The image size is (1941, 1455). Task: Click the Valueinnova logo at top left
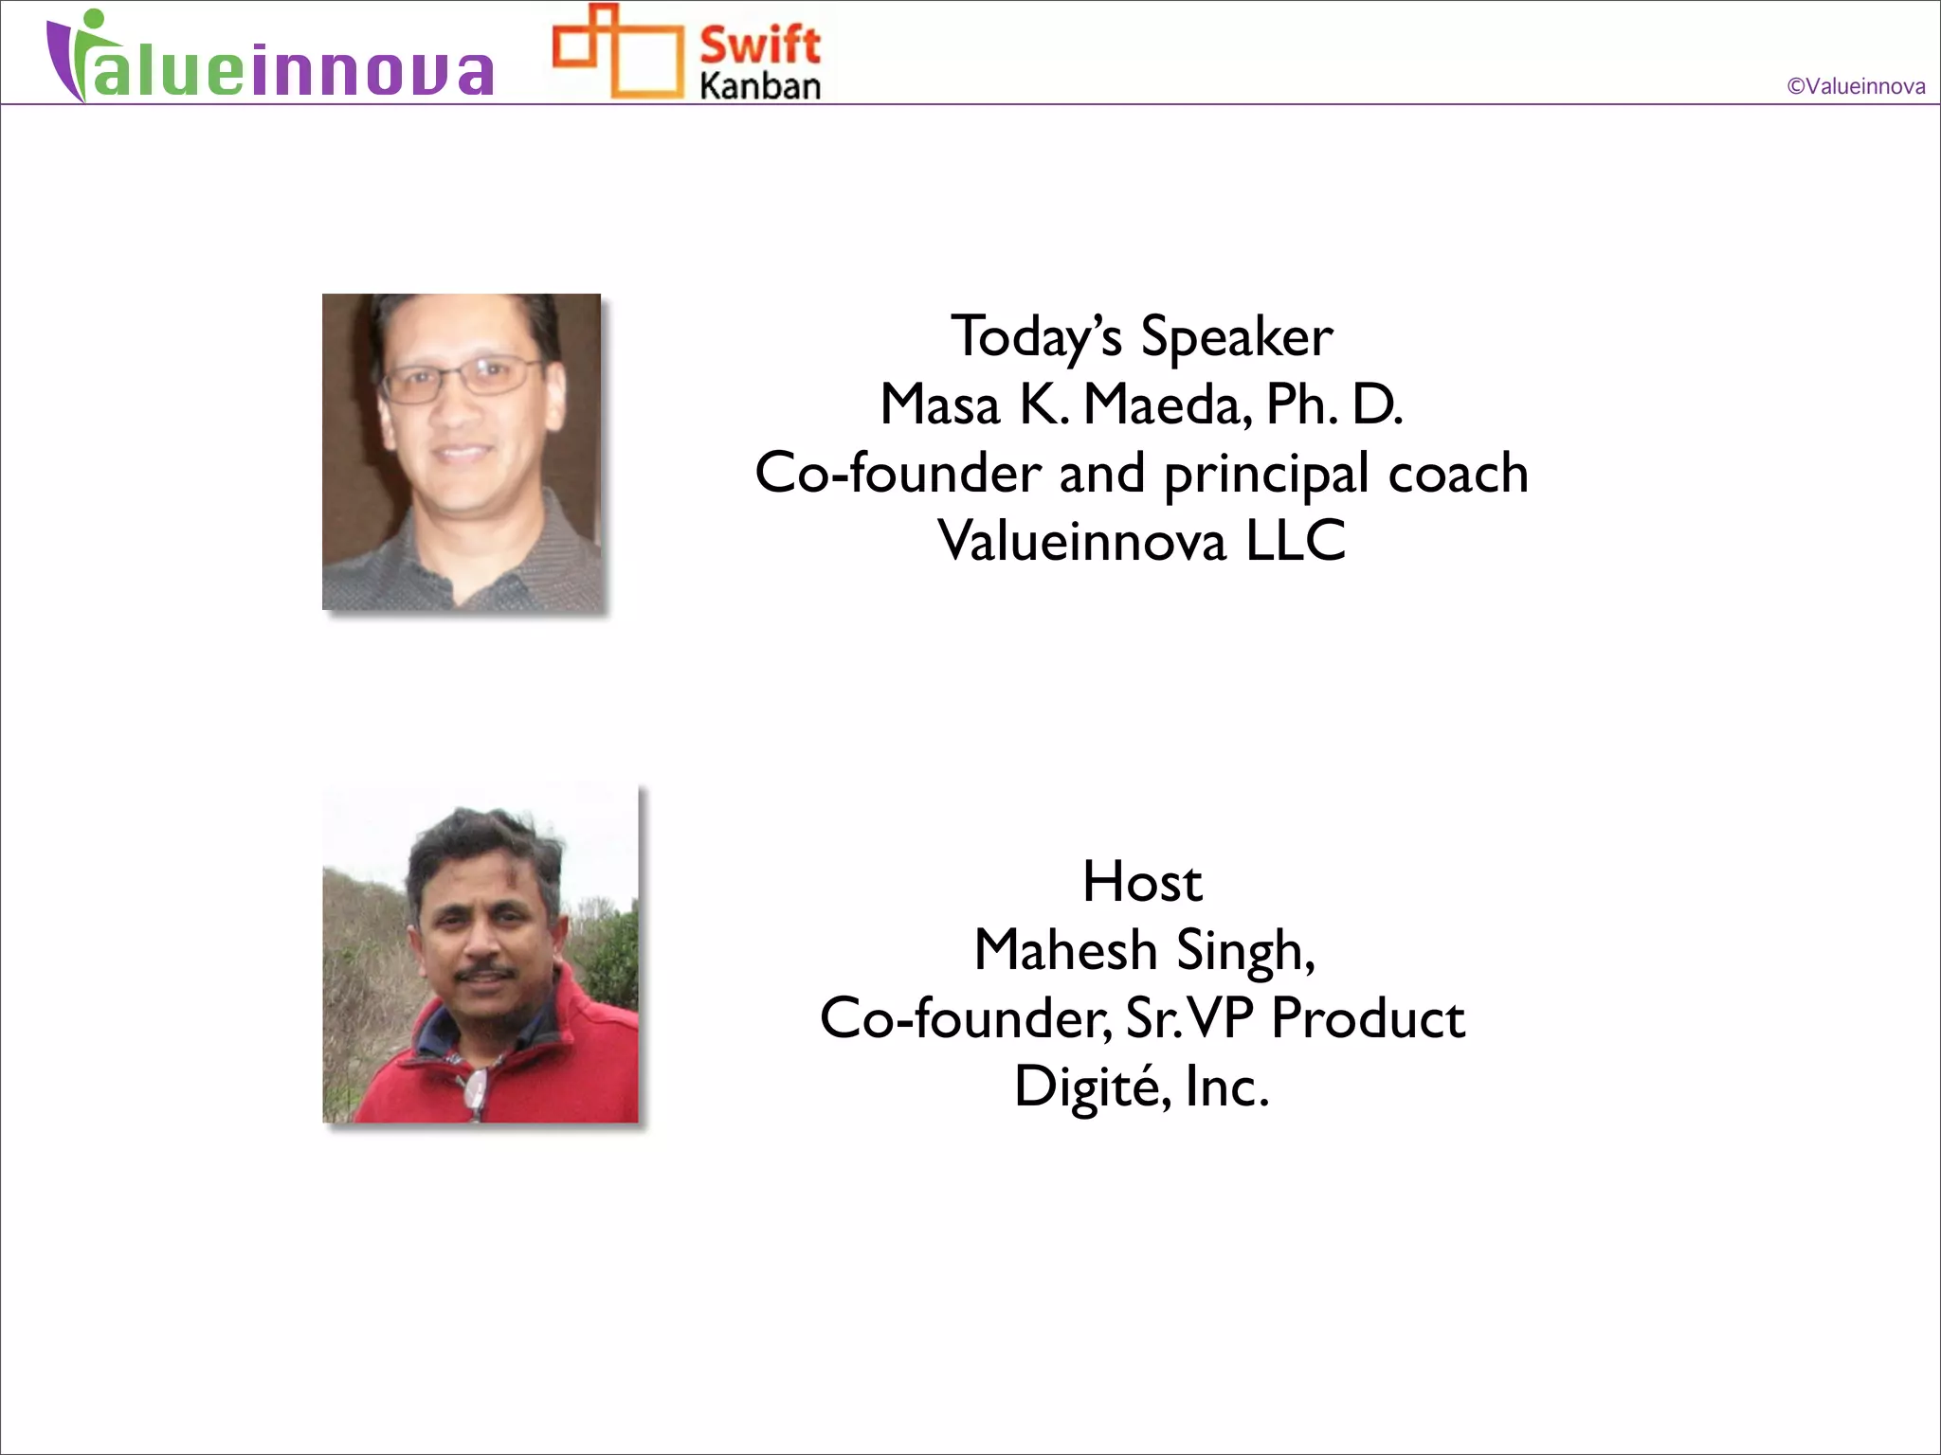point(270,59)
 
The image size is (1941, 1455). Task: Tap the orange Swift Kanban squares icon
point(617,51)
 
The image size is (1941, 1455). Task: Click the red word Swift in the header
point(759,44)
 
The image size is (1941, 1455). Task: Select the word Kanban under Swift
point(759,86)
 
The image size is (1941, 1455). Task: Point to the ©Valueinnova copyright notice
point(1855,86)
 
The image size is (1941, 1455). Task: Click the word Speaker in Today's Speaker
point(1236,337)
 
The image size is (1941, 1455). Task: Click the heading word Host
point(1142,882)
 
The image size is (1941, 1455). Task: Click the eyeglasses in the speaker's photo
point(462,377)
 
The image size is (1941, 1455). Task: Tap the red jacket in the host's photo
point(569,1061)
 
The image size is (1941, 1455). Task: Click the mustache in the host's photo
point(484,973)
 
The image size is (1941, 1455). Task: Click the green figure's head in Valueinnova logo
point(92,20)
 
